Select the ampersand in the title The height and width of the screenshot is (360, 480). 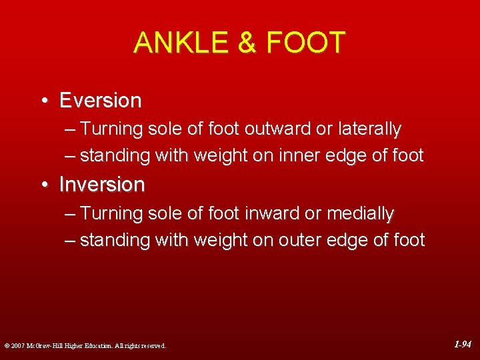coord(247,43)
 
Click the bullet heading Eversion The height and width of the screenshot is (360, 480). coord(100,101)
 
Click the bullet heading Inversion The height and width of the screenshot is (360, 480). coord(101,185)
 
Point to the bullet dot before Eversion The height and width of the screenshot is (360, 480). coord(43,101)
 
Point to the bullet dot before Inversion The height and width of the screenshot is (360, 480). coord(43,185)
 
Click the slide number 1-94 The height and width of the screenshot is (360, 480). coord(463,345)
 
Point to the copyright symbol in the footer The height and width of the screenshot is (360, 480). coord(6,346)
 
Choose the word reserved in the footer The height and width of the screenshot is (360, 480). coord(152,346)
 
